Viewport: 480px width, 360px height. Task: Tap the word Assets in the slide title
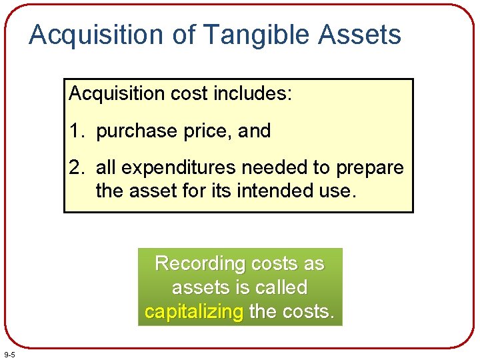click(360, 35)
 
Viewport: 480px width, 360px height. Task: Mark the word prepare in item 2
click(370, 168)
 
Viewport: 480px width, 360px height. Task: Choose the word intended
click(273, 191)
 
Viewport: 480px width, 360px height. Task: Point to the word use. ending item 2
click(338, 191)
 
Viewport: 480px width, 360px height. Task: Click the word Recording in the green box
click(200, 264)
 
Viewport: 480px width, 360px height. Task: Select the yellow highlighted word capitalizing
click(194, 311)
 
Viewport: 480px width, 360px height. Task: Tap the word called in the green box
click(283, 288)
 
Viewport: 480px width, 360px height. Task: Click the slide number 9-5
click(10, 353)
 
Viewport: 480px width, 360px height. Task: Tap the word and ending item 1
click(254, 131)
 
